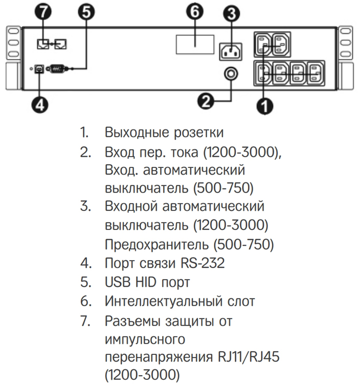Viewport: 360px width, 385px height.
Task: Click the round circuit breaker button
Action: click(x=231, y=74)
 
